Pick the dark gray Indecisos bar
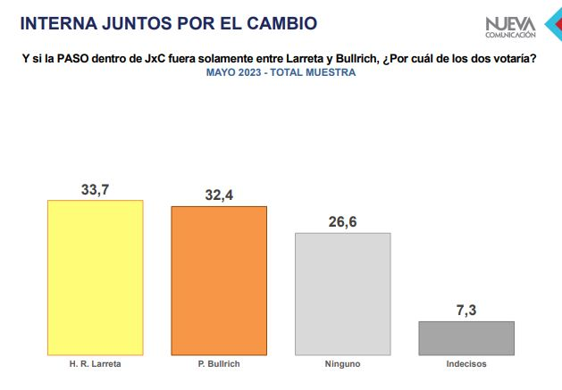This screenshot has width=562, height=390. coord(467,337)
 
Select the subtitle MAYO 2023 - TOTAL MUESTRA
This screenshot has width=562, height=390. coord(281,72)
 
